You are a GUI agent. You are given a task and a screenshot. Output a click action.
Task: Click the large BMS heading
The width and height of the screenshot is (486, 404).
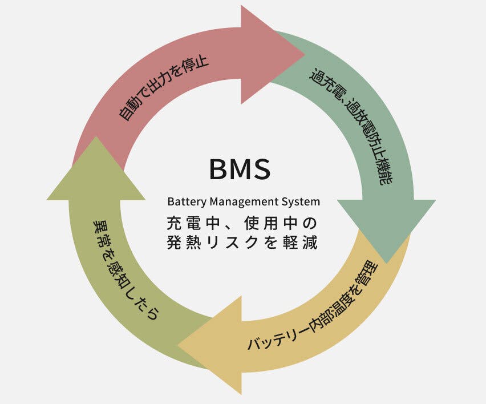[240, 169]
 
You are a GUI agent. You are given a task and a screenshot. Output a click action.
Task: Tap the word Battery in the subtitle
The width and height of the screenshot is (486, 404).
[187, 202]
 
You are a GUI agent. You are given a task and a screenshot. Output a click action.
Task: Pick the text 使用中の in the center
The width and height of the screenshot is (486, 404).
[279, 221]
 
